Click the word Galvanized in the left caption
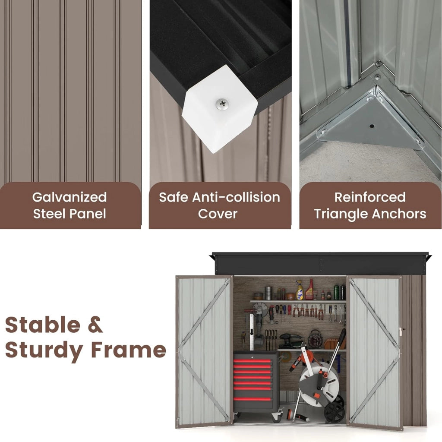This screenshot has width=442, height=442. coord(69,197)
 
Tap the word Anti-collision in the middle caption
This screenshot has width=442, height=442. coord(236,197)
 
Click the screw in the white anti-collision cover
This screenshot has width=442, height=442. coord(222,104)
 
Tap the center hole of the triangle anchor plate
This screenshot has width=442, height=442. coord(372,126)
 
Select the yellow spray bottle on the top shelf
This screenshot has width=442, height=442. coord(300,290)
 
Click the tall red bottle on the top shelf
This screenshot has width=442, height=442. coord(310,290)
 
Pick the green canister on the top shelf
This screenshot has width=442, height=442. coord(336,292)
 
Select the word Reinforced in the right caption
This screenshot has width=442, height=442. coord(370,197)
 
